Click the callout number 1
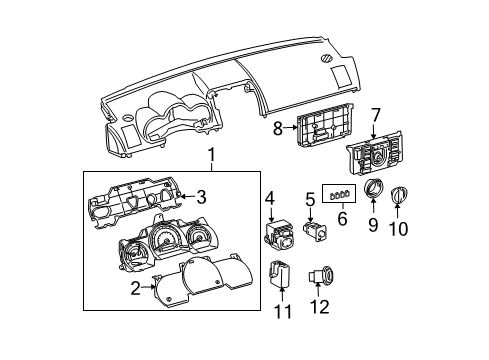[210, 155]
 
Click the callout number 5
[310, 199]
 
